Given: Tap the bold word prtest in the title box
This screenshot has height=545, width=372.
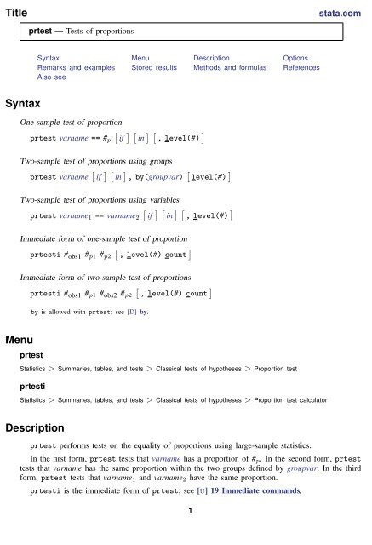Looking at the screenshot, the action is (x=44, y=32).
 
